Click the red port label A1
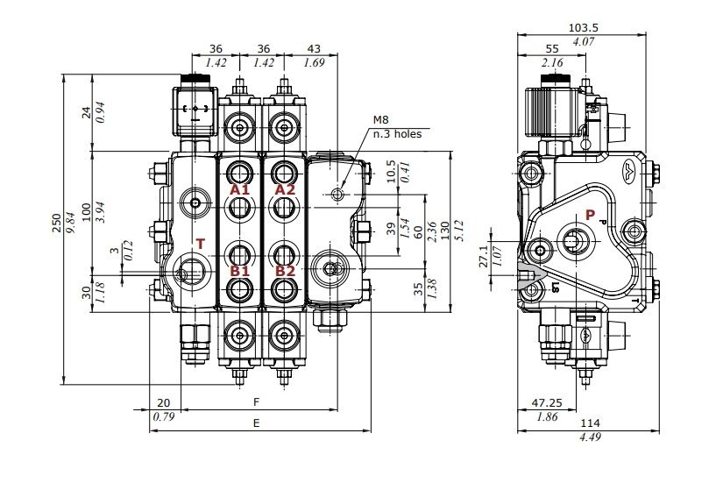coord(240,189)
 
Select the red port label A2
coord(286,189)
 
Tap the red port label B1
coord(240,271)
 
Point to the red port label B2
coord(286,271)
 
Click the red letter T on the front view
coord(200,244)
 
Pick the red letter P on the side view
coord(590,215)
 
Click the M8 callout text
coord(380,120)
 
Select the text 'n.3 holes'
coord(397,134)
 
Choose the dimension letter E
coord(257,423)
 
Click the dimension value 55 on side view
coord(552,49)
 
